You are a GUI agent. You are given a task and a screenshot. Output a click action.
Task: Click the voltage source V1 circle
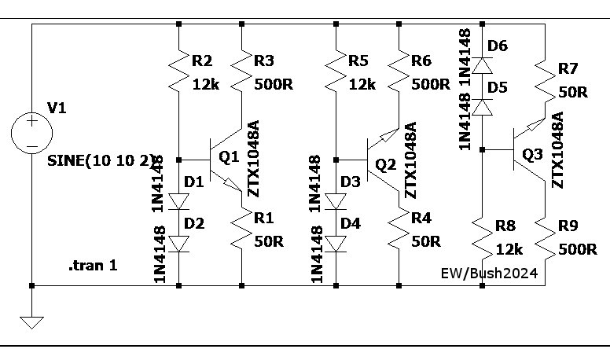[31, 131]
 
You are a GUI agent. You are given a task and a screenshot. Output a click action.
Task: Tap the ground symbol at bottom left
[31, 321]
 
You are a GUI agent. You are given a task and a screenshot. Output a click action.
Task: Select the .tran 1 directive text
[93, 266]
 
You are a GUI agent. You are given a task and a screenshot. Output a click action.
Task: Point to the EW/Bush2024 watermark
[488, 274]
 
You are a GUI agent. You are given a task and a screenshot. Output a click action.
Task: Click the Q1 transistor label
[228, 157]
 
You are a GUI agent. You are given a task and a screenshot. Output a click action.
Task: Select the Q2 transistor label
[385, 165]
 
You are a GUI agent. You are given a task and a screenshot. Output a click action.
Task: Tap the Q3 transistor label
[532, 155]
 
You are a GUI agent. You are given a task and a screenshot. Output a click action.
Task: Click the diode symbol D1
[179, 201]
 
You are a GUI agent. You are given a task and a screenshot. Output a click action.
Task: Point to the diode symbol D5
[481, 105]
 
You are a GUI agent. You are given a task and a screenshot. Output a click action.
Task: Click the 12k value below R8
[509, 249]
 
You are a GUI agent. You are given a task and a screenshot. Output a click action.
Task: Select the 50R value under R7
[572, 91]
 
